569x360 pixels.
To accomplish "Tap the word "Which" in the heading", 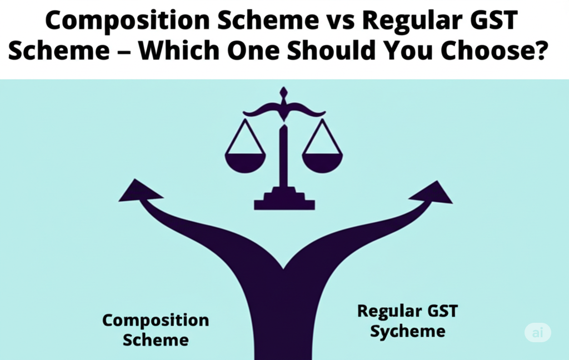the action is pyautogui.click(x=179, y=50).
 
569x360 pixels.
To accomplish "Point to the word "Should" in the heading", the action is pyautogui.click(x=331, y=50).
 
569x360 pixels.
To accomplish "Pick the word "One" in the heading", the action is pyautogui.click(x=253, y=50).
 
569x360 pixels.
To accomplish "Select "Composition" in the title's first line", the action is pyautogui.click(x=127, y=22).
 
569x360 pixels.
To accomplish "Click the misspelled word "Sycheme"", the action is pyautogui.click(x=407, y=332).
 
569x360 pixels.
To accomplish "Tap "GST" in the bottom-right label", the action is pyautogui.click(x=443, y=311).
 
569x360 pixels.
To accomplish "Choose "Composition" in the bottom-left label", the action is pyautogui.click(x=156, y=321).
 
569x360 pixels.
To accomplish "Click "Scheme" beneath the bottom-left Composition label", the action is pyautogui.click(x=156, y=340).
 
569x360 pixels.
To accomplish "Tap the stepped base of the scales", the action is pyautogui.click(x=284, y=199).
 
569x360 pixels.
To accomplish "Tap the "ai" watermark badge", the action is pyautogui.click(x=538, y=332).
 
